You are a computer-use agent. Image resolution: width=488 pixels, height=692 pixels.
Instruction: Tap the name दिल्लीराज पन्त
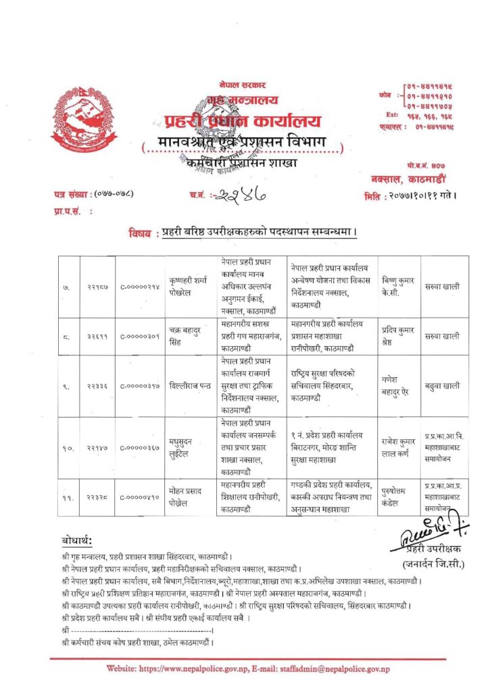(194, 386)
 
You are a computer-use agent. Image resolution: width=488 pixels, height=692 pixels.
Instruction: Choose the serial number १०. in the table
(68, 447)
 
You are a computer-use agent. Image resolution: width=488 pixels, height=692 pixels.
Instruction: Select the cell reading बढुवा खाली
(443, 386)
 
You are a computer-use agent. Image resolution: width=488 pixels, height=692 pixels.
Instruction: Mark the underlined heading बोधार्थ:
(76, 541)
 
